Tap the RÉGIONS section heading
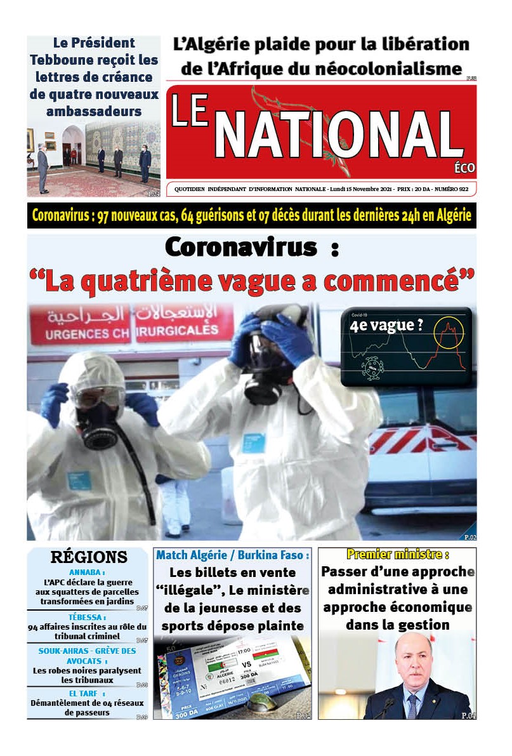point(89,557)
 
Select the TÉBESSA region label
point(86,617)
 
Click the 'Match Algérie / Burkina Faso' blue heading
point(233,555)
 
